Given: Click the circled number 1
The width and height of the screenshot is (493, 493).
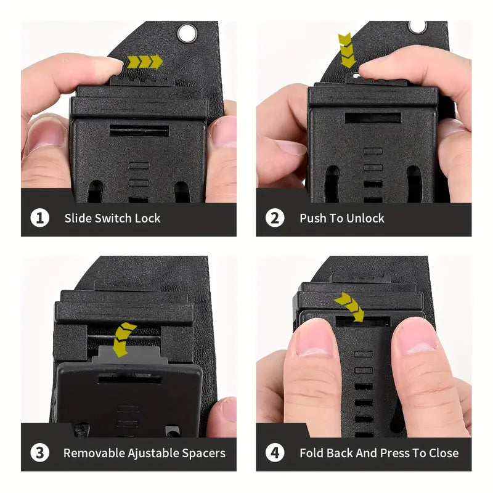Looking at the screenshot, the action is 40,218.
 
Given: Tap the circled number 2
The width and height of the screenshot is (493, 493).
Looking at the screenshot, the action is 275,218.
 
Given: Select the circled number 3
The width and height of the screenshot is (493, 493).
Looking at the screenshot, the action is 40,453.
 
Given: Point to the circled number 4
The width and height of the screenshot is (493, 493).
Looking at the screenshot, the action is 275,453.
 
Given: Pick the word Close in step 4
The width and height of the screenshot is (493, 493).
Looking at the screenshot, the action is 444,453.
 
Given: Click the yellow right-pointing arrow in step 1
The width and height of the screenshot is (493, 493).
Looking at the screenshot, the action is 145,62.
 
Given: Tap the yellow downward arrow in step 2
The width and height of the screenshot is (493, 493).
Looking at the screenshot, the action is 347,51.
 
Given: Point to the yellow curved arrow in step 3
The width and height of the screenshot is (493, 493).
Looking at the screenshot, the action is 123,340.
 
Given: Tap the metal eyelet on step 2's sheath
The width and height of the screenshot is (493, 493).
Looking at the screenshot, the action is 418,26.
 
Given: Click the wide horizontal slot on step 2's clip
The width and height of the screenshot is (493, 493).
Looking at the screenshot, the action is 373,118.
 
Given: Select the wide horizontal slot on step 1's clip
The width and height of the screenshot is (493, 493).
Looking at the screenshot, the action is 139,131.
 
